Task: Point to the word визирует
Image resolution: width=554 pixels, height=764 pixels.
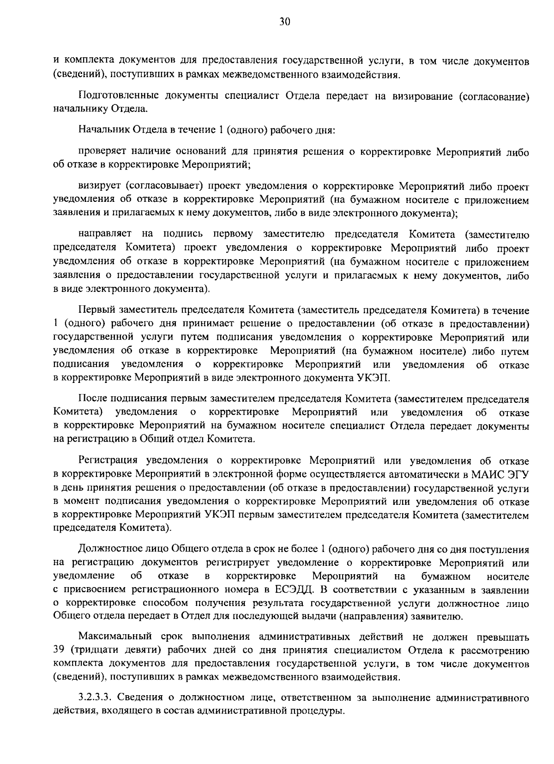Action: point(99,187)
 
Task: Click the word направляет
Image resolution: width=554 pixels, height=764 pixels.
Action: point(105,234)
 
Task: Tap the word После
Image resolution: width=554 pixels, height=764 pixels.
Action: point(91,399)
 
